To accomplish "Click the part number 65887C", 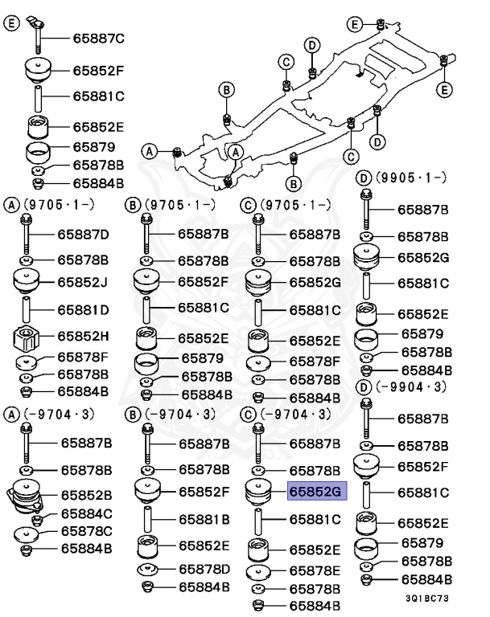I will click(99, 38).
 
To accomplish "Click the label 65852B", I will click(83, 495).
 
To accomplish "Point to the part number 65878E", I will click(315, 570).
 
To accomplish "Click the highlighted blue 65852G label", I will click(316, 492).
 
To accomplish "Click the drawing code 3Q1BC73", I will click(429, 599).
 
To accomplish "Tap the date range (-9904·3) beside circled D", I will click(415, 388).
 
